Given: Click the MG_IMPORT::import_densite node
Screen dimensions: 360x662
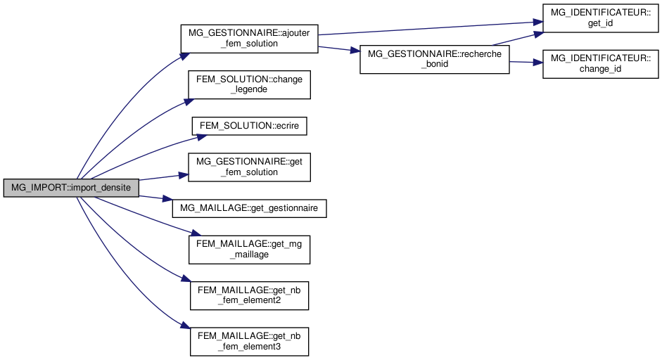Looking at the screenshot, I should pos(71,188).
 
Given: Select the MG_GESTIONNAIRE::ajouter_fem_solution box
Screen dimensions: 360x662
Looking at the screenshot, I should pos(250,38).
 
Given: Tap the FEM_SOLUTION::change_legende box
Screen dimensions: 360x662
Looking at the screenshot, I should pos(250,84).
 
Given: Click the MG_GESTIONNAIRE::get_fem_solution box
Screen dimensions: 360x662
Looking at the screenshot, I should pos(250,167).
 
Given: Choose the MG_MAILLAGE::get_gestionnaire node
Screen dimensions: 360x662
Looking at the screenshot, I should pos(250,208).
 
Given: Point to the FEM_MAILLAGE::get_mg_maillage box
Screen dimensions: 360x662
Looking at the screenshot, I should pos(250,249).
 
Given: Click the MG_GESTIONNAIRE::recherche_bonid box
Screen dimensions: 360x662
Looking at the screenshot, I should pos(434,60).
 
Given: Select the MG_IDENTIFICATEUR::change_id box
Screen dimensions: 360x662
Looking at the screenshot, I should pos(599,63).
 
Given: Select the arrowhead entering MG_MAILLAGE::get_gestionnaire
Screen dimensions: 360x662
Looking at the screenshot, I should pos(168,200).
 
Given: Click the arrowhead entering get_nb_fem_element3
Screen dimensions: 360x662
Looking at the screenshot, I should pos(186,327).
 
